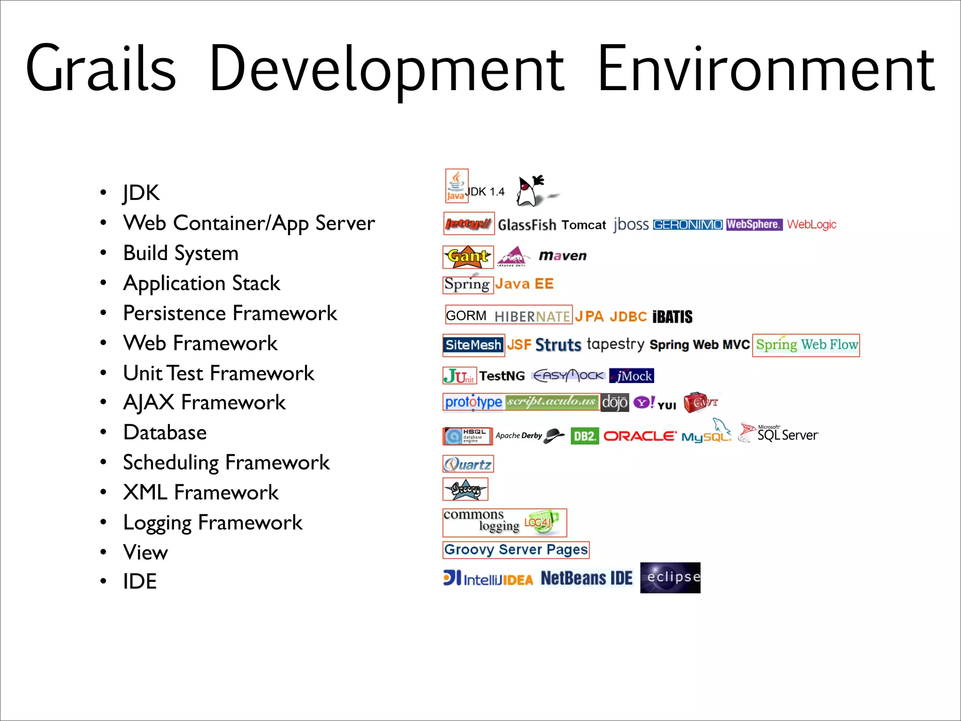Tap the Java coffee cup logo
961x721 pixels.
(456, 186)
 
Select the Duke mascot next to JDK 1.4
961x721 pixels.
(533, 191)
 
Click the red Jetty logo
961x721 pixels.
(468, 224)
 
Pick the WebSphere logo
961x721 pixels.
(754, 225)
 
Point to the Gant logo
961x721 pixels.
(468, 257)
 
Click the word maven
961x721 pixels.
(563, 256)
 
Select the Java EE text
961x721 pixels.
(525, 284)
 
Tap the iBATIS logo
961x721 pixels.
(672, 317)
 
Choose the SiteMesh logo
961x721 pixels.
(473, 345)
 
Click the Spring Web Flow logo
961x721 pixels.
(806, 345)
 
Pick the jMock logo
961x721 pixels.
(632, 376)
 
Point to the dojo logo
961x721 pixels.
(614, 403)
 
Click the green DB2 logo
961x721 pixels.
(584, 436)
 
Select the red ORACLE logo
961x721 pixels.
(640, 436)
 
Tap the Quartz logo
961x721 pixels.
(468, 464)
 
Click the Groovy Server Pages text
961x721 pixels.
(516, 550)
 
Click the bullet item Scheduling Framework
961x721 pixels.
(226, 463)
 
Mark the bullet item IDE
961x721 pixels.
(140, 582)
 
